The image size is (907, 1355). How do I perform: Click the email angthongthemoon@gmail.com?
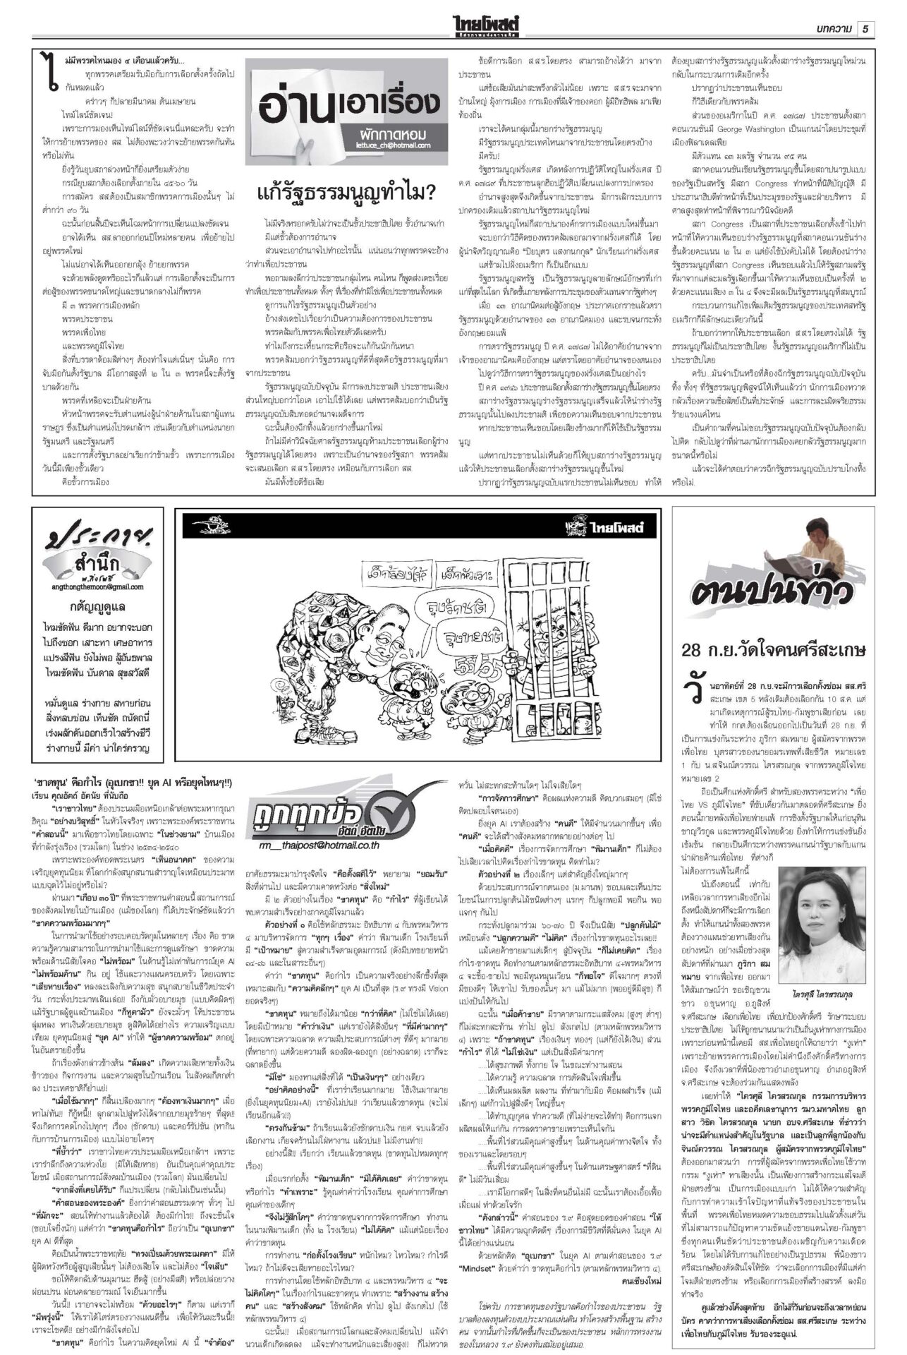[98, 586]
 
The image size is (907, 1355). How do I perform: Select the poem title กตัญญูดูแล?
[98, 606]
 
